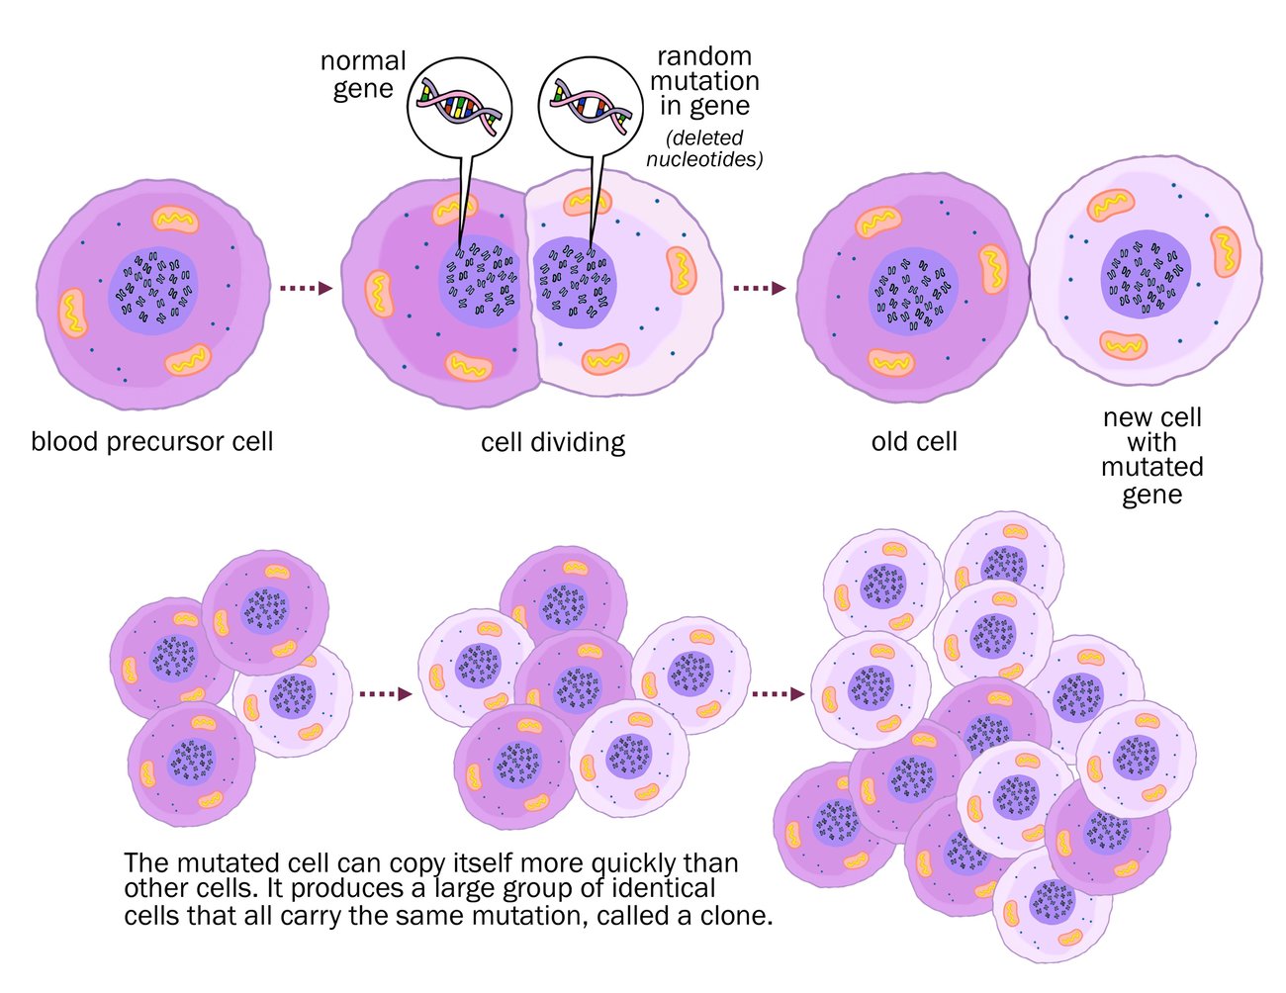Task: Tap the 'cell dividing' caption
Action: [553, 441]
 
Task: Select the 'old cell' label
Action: [914, 441]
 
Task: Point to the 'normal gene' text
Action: [363, 74]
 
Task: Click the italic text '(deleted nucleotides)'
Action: [704, 148]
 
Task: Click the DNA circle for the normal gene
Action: [459, 104]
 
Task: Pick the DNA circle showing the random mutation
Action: [591, 104]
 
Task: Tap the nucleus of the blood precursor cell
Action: [152, 286]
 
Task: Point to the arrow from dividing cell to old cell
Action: [759, 288]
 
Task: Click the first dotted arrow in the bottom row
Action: [383, 693]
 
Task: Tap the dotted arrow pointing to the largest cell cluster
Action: [777, 693]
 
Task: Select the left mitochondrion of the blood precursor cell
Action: [71, 313]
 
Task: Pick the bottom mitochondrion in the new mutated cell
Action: [1125, 345]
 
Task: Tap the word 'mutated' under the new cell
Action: [1151, 467]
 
